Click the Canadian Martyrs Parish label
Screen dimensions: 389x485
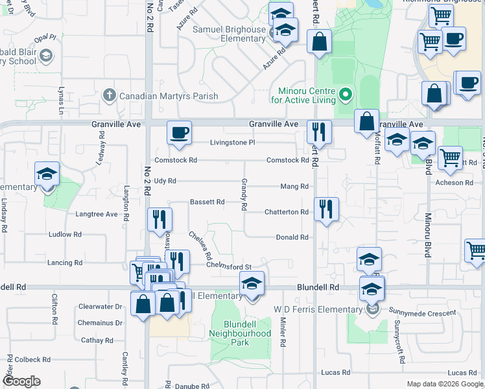[167, 97]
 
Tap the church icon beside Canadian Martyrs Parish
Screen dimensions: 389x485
[109, 96]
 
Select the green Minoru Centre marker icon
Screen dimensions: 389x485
[346, 95]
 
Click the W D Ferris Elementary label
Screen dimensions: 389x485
[318, 309]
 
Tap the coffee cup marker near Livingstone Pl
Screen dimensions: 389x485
[180, 132]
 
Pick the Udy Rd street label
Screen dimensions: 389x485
[165, 181]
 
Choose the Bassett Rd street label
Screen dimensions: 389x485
[207, 202]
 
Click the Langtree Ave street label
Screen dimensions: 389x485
[97, 213]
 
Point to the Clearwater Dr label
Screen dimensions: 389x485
[100, 306]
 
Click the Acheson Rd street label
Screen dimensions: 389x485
[458, 183]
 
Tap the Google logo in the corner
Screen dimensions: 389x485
[21, 381]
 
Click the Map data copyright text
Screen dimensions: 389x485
[445, 384]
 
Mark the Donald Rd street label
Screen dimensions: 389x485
[292, 237]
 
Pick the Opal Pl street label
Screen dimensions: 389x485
[46, 38]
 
